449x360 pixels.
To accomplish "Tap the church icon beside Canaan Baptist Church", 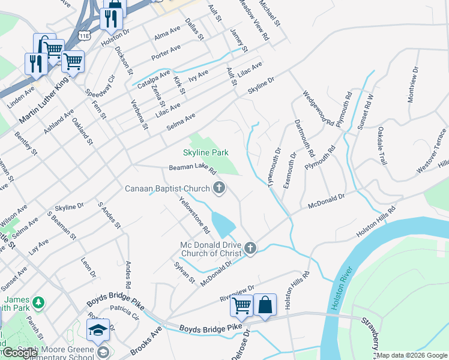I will click(219, 189).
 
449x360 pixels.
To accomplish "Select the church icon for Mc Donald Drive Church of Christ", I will click(251, 248).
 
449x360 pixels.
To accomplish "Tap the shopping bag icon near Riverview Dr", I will click(265, 304).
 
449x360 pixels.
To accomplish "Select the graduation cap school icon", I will click(98, 330).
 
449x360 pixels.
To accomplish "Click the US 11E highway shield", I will click(84, 35).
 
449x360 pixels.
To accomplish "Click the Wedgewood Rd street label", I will click(318, 108).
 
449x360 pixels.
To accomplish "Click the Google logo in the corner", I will click(20, 352).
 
